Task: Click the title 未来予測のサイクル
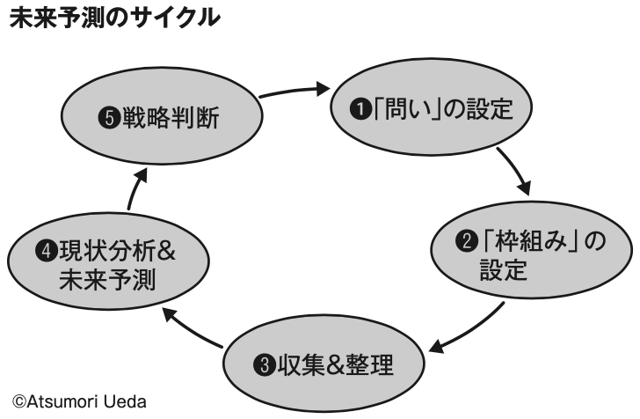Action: [114, 18]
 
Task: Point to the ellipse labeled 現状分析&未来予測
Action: [107, 266]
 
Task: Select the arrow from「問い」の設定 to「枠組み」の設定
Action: [514, 173]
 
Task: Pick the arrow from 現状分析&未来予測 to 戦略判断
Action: [133, 188]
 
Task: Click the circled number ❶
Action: [359, 111]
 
